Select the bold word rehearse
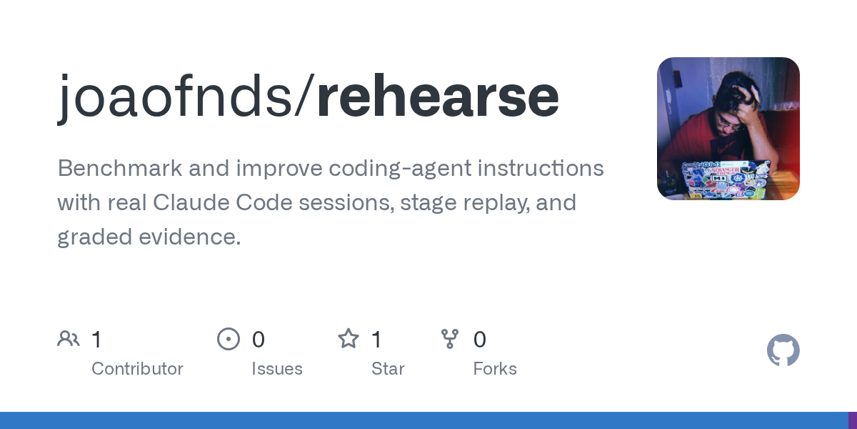438,96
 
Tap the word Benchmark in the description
120,168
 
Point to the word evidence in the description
190,237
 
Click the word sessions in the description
346,203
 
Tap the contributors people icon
69,339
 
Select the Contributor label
137,369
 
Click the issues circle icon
229,339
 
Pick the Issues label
277,369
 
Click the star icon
349,339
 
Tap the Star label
388,369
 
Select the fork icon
450,339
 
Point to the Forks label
495,369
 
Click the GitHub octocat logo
783,350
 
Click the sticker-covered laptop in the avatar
725,180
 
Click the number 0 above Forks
480,340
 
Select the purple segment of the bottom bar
853,420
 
